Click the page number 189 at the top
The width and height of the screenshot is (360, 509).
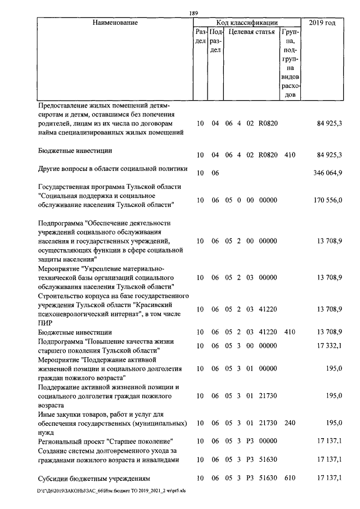click(194, 14)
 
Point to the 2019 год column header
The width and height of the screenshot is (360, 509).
click(323, 23)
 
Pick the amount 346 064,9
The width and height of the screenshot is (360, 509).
click(327, 173)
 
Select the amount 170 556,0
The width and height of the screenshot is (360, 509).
click(327, 200)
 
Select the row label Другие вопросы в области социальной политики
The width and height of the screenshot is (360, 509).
click(112, 169)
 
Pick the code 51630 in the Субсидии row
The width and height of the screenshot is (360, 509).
click(268, 478)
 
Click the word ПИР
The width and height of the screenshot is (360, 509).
click(45, 323)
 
